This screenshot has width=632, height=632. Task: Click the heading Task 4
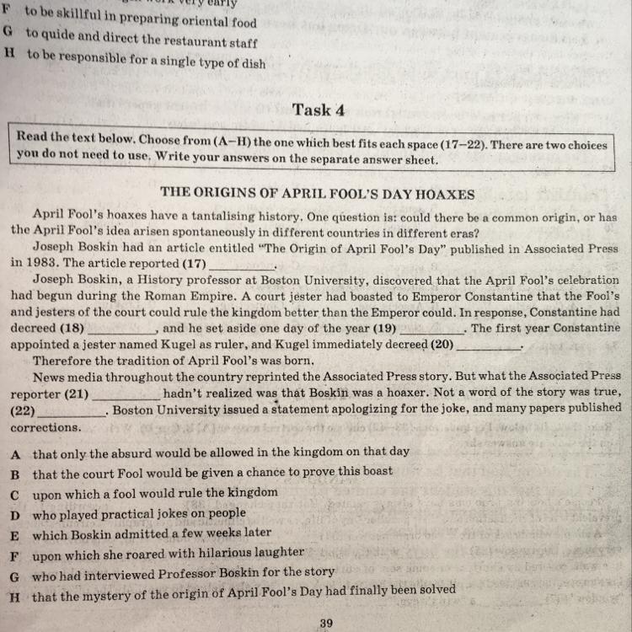319,110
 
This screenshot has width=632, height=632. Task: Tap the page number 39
327,623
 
